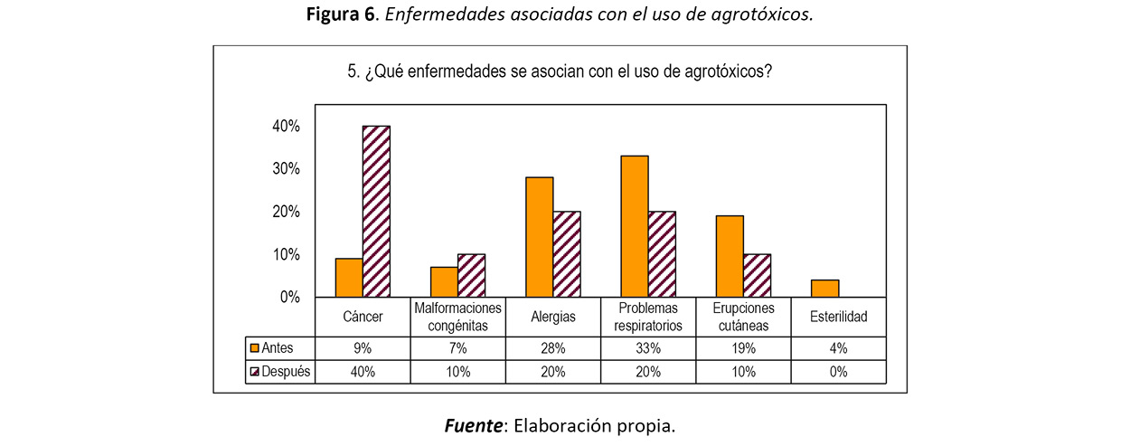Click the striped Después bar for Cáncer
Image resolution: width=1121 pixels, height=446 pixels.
(x=376, y=212)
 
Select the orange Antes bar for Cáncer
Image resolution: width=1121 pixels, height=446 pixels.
(x=349, y=279)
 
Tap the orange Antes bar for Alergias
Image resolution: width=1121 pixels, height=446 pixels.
(x=540, y=237)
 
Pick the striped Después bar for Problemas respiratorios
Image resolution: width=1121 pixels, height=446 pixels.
(x=662, y=254)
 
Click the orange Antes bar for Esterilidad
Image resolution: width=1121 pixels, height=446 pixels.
(x=825, y=289)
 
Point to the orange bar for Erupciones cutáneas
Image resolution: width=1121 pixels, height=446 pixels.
(x=730, y=257)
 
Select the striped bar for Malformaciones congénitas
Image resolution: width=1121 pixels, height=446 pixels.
(x=471, y=276)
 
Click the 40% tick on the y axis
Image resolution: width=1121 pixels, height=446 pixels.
(x=286, y=127)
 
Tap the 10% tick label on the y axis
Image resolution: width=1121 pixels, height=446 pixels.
(x=286, y=255)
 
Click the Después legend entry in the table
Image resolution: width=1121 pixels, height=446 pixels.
(x=280, y=372)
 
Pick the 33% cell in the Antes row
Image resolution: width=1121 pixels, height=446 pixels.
(x=648, y=347)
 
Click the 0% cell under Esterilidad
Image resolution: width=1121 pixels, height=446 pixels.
(x=838, y=372)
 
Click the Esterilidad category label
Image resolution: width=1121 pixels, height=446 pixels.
(x=838, y=318)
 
